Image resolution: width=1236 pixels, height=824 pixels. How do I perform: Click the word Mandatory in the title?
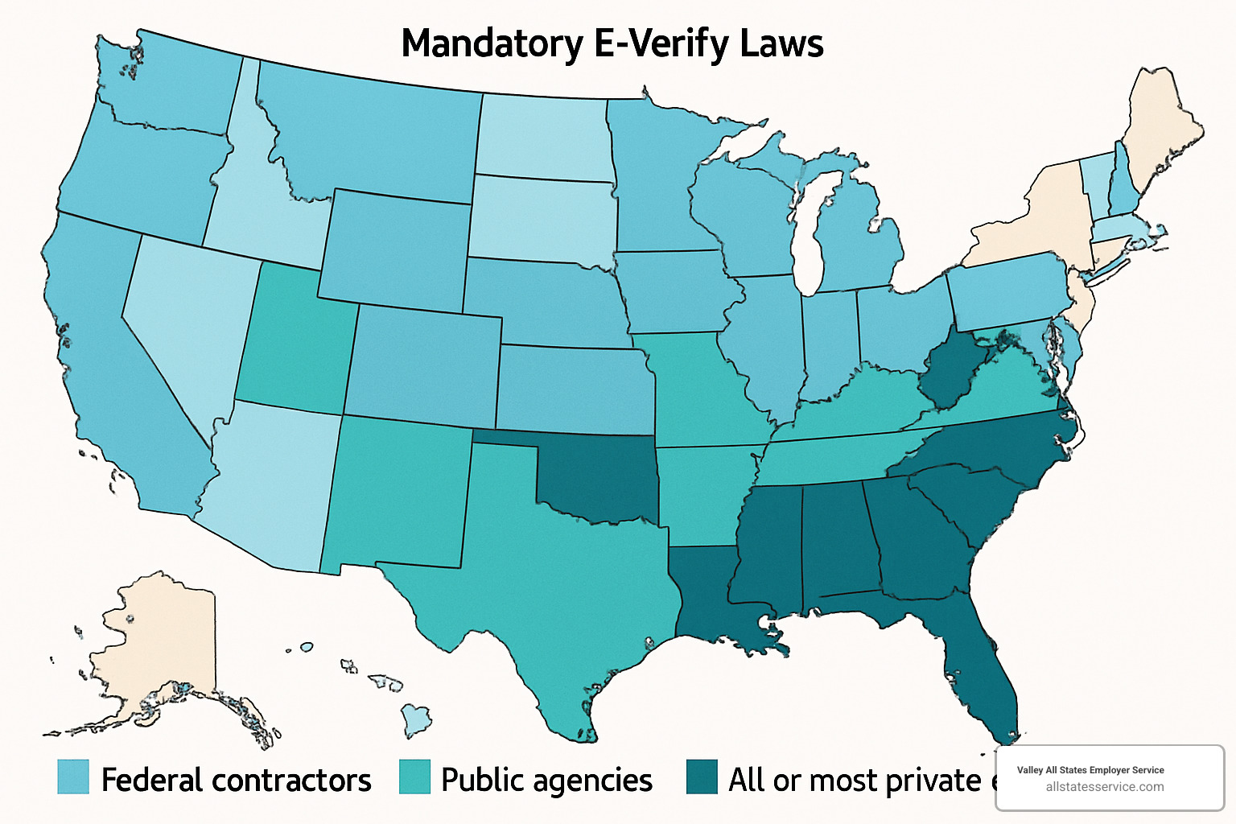coord(492,43)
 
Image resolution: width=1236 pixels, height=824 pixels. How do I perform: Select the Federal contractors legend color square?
coord(72,777)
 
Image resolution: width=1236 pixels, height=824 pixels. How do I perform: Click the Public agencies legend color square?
coord(414,777)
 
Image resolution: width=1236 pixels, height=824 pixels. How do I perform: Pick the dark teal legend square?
coord(702,777)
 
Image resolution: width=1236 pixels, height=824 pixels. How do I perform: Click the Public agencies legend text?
coord(546,780)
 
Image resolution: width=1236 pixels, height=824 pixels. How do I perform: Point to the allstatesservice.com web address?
coord(1104,787)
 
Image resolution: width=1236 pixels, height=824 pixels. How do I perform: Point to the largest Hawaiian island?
coord(416,719)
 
